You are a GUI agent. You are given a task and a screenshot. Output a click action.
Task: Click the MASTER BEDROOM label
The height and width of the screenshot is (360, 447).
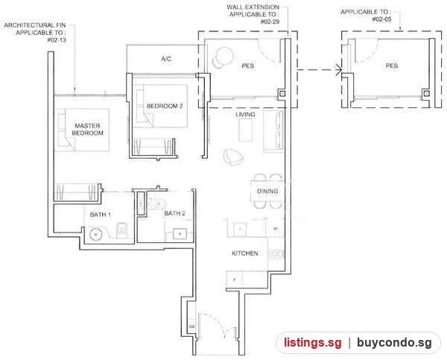[87, 129]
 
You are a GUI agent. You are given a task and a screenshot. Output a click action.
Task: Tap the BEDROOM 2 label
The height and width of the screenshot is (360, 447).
[165, 106]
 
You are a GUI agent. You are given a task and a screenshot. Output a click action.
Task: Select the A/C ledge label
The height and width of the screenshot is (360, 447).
[166, 59]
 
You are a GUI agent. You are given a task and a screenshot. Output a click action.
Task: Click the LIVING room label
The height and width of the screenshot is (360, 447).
[245, 114]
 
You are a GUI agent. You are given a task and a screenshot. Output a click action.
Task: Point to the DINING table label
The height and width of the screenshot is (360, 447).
[267, 191]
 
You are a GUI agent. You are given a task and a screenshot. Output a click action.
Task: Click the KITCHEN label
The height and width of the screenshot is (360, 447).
[245, 253]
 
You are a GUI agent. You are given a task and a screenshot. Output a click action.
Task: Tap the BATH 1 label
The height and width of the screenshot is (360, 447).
[101, 215]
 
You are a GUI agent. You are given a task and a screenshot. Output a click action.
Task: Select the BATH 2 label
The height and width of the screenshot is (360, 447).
[175, 213]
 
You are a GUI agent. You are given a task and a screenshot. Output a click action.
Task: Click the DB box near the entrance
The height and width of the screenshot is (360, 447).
[191, 326]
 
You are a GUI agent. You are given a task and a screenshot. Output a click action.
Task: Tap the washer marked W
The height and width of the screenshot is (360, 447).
[275, 228]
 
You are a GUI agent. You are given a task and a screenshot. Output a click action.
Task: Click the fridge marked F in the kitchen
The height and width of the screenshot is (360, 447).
[235, 280]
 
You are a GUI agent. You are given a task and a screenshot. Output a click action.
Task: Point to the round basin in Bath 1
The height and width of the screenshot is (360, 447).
[96, 234]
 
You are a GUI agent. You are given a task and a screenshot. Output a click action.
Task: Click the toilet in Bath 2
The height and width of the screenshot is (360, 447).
[158, 203]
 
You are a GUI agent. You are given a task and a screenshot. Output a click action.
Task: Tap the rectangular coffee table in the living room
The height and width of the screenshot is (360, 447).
[245, 130]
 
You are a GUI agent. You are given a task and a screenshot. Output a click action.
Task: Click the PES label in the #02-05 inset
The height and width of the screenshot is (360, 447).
[392, 66]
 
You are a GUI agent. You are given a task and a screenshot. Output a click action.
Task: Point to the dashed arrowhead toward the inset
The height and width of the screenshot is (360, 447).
[339, 70]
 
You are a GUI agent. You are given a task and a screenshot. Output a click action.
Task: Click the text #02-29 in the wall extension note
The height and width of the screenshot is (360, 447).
[270, 22]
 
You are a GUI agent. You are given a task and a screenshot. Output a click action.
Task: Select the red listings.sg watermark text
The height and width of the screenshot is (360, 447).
[313, 342]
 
